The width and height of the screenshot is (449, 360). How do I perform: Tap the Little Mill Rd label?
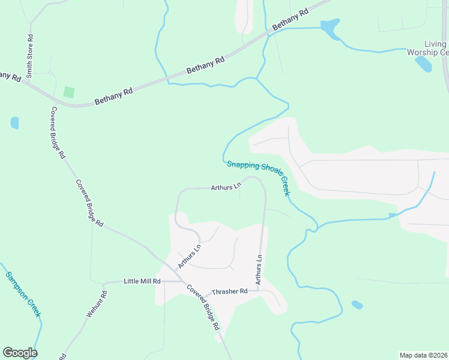click(x=142, y=281)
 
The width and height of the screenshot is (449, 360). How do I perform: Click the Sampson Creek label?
click(x=23, y=294)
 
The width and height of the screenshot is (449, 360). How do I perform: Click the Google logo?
click(x=20, y=353)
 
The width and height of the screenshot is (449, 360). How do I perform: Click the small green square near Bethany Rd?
click(x=69, y=92)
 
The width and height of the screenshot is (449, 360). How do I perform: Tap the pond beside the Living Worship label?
click(x=423, y=64)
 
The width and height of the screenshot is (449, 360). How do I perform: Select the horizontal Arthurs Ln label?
click(x=226, y=187)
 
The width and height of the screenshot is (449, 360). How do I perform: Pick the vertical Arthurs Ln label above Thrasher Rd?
click(x=259, y=269)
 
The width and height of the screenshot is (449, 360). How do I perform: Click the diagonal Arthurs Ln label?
click(x=189, y=256)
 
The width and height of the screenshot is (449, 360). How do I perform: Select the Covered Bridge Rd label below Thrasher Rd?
click(x=203, y=307)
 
